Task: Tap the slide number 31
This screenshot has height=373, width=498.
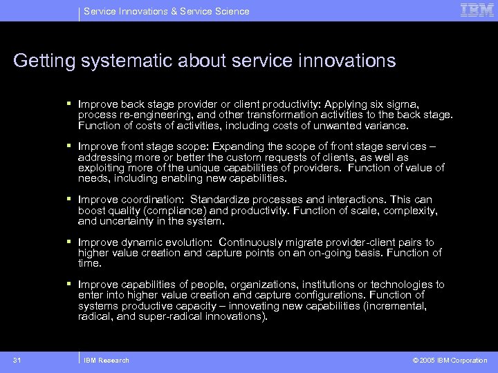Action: click(17, 360)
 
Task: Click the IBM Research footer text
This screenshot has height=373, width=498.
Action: click(106, 360)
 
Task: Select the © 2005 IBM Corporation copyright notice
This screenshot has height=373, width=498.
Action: click(450, 360)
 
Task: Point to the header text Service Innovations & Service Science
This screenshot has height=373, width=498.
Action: click(166, 11)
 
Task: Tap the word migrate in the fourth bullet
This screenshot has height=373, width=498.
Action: click(306, 242)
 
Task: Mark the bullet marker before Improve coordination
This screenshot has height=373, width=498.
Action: click(70, 200)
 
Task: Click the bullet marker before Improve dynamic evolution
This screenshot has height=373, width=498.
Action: click(70, 242)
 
